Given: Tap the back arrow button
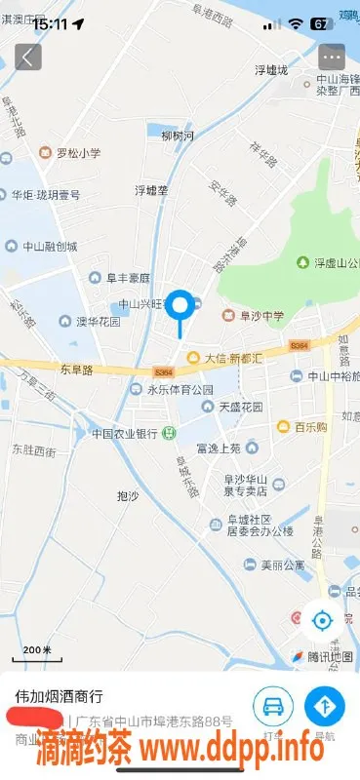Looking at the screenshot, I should [28, 57].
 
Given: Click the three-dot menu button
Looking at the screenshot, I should [332, 57].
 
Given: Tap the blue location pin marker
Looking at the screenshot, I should [180, 308].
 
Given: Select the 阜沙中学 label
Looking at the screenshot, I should [256, 315].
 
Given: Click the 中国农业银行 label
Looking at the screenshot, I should [125, 433].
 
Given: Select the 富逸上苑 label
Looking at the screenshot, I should [217, 448].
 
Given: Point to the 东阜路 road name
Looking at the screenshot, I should [75, 370].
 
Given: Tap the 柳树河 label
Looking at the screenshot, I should [178, 136].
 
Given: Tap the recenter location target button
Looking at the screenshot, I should [322, 619].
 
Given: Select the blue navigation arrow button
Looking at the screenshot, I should [324, 704].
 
